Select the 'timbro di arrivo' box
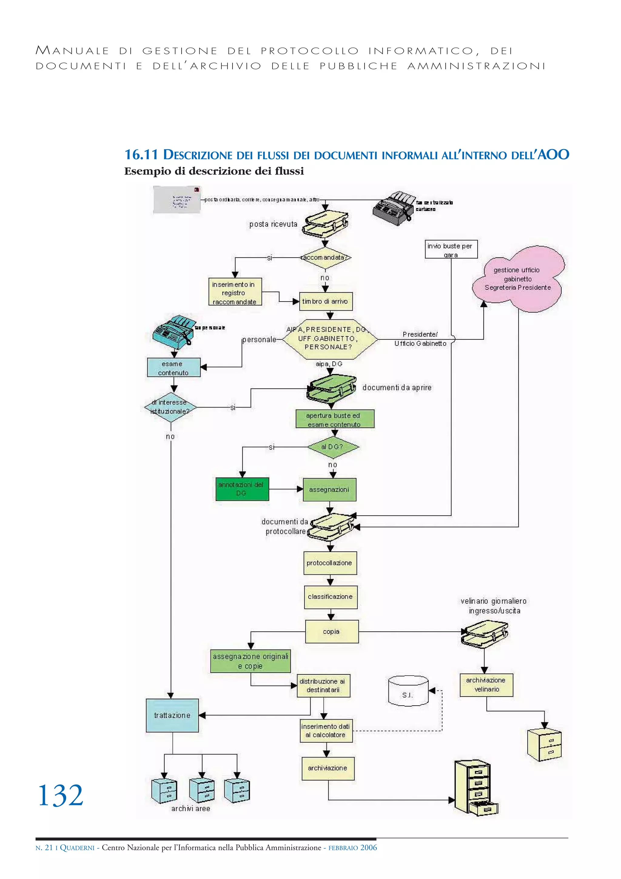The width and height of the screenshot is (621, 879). pyautogui.click(x=326, y=302)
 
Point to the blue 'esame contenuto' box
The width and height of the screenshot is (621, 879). pyautogui.click(x=173, y=368)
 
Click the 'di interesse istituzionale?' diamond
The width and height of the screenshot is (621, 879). pyautogui.click(x=170, y=407)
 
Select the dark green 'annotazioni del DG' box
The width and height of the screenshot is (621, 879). pyautogui.click(x=242, y=489)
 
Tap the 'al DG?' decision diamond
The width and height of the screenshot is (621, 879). pyautogui.click(x=333, y=447)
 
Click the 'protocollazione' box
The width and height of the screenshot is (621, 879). pyautogui.click(x=330, y=563)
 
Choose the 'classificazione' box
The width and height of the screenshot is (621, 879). pyautogui.click(x=331, y=597)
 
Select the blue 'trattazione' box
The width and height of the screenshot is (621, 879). pyautogui.click(x=173, y=715)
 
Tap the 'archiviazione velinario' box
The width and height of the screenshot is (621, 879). pyautogui.click(x=486, y=685)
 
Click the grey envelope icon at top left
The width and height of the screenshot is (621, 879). pyautogui.click(x=176, y=199)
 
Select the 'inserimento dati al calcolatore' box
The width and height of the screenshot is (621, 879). pyautogui.click(x=326, y=730)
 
